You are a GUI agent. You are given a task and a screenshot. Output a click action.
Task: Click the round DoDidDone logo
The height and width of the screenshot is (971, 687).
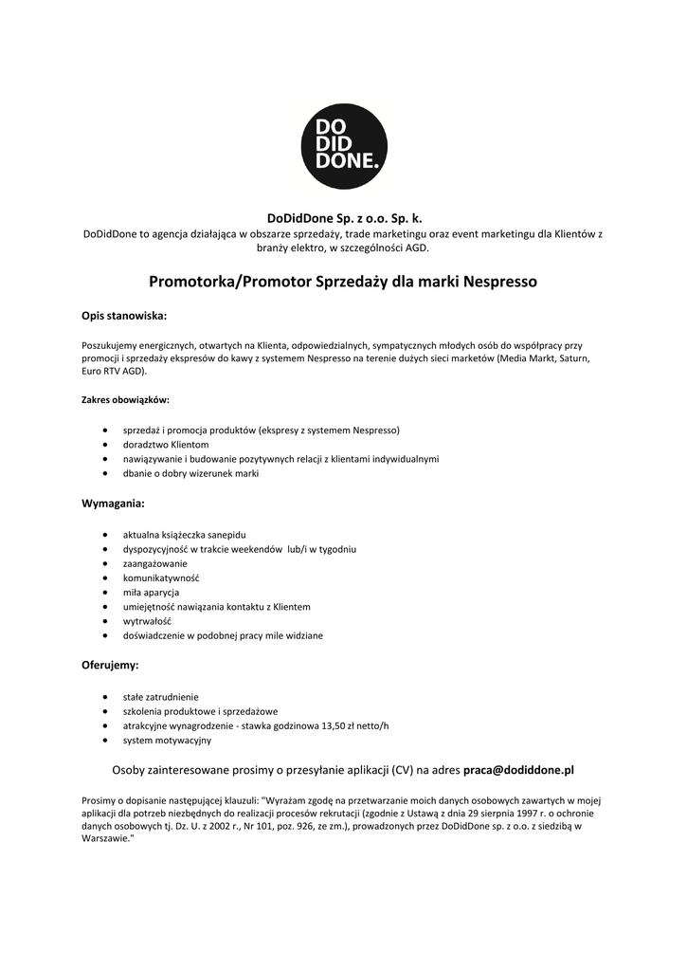(343, 146)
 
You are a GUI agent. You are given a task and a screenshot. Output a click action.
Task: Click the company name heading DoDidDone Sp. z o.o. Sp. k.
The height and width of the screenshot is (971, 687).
(343, 218)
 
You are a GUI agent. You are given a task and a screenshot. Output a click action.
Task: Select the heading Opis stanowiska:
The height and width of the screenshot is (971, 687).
(124, 314)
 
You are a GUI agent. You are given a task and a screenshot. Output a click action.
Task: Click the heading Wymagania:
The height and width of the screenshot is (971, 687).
(113, 503)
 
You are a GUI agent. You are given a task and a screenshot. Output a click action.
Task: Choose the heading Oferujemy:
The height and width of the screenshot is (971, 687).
(110, 665)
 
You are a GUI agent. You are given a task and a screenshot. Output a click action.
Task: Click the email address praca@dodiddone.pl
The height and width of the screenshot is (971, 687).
(518, 770)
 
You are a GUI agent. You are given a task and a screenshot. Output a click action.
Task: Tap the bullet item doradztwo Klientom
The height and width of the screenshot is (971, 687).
(166, 444)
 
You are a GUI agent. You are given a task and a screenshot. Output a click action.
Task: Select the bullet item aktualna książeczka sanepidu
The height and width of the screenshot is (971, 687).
(185, 535)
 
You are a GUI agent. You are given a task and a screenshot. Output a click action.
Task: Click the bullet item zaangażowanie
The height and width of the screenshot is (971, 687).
(155, 563)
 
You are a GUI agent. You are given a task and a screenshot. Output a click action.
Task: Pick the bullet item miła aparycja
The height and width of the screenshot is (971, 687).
(152, 592)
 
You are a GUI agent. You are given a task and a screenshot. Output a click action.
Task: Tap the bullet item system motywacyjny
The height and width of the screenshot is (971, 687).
(168, 740)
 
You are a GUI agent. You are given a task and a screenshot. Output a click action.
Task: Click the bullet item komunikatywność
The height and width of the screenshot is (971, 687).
(161, 577)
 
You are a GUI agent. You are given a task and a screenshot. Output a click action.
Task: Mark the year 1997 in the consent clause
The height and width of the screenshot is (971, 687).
(482, 813)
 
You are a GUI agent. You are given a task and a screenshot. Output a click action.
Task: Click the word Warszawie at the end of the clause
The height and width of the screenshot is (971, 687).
(106, 840)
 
